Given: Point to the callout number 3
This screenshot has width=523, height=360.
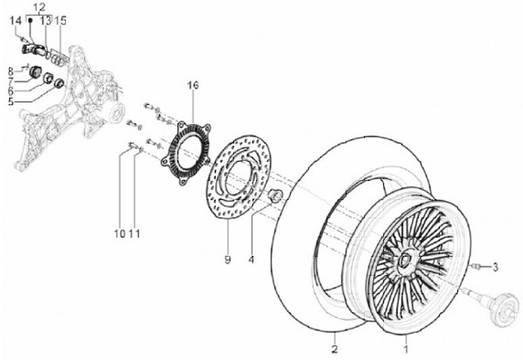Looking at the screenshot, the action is [495, 268].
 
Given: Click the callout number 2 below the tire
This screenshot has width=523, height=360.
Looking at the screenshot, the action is [333, 338].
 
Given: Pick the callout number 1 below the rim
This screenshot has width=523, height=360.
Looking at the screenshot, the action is [406, 338].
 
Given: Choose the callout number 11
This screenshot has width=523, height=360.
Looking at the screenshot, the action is [134, 233].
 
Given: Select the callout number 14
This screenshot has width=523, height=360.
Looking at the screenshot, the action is [15, 22].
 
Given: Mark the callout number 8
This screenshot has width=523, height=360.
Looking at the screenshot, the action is [10, 70].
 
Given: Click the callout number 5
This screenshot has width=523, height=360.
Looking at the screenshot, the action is [10, 102].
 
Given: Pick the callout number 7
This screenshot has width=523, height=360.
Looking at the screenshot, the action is [10, 81].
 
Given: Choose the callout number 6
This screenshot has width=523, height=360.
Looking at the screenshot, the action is [10, 91].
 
